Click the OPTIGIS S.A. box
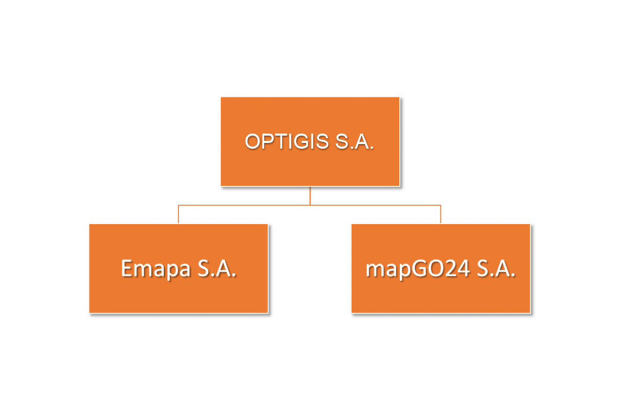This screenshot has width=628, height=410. coord(310,141)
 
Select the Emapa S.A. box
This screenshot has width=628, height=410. coord(178,269)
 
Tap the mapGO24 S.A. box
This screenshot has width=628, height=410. coord(441,269)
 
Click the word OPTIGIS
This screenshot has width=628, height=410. coord(287,141)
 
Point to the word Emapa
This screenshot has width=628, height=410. coord(155,269)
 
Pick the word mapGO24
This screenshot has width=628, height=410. coord(418,269)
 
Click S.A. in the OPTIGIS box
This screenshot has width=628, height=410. coord(354,141)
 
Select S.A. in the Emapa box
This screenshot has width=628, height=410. coord(217,269)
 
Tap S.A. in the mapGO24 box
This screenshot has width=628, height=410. coord(496,269)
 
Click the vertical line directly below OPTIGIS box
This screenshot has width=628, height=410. coord(310,196)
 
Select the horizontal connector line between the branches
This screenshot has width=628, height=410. coord(309,205)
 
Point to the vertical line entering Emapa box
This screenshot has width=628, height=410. coord(178,215)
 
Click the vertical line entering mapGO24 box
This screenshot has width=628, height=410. coord(441,215)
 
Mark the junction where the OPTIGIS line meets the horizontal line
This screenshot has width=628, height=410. coord(310,205)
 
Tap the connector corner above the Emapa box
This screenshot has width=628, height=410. coord(178,205)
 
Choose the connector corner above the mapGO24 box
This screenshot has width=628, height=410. coord(441,205)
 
